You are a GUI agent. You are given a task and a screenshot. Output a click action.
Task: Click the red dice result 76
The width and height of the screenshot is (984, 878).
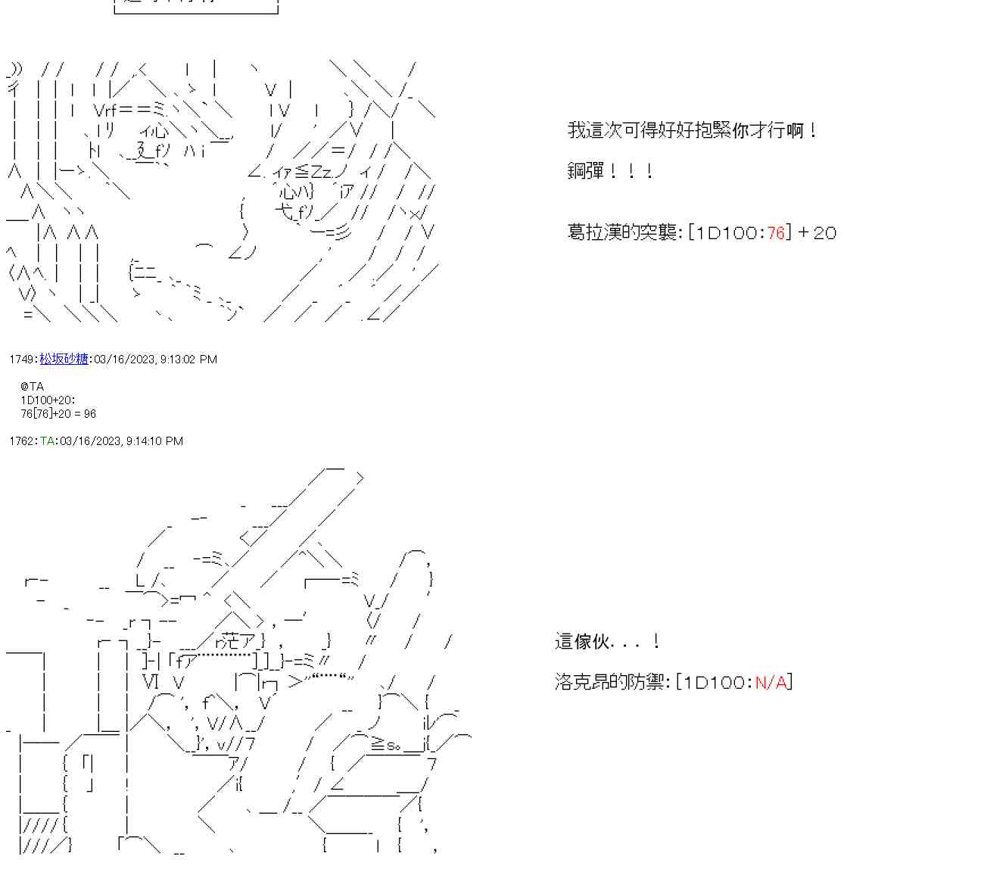click(x=776, y=232)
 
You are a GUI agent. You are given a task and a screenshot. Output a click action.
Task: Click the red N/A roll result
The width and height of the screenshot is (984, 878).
click(x=771, y=682)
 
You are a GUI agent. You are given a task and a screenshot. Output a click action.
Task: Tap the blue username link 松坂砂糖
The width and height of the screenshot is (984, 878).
click(x=64, y=359)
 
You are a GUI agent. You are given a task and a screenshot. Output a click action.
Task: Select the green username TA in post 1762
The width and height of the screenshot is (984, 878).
click(x=47, y=441)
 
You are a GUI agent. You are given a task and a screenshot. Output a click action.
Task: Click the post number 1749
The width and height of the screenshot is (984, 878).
click(x=22, y=359)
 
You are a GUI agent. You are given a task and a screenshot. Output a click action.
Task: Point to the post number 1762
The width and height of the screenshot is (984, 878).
click(x=22, y=441)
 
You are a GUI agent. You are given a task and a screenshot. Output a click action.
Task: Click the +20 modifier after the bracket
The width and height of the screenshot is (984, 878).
click(x=817, y=232)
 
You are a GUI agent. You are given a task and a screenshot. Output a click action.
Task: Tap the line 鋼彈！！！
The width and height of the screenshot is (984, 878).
click(x=610, y=170)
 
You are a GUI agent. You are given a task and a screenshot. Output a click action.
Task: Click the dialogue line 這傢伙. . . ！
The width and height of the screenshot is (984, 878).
click(x=608, y=642)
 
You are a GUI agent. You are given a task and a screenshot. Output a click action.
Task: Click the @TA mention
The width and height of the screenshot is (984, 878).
click(x=33, y=386)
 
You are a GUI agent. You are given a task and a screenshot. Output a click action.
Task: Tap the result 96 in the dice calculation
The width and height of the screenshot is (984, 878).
click(x=89, y=413)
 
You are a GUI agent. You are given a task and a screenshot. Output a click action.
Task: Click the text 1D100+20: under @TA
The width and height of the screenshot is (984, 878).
click(x=48, y=400)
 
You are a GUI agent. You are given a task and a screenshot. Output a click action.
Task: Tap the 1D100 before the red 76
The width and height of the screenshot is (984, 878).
click(x=727, y=232)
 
